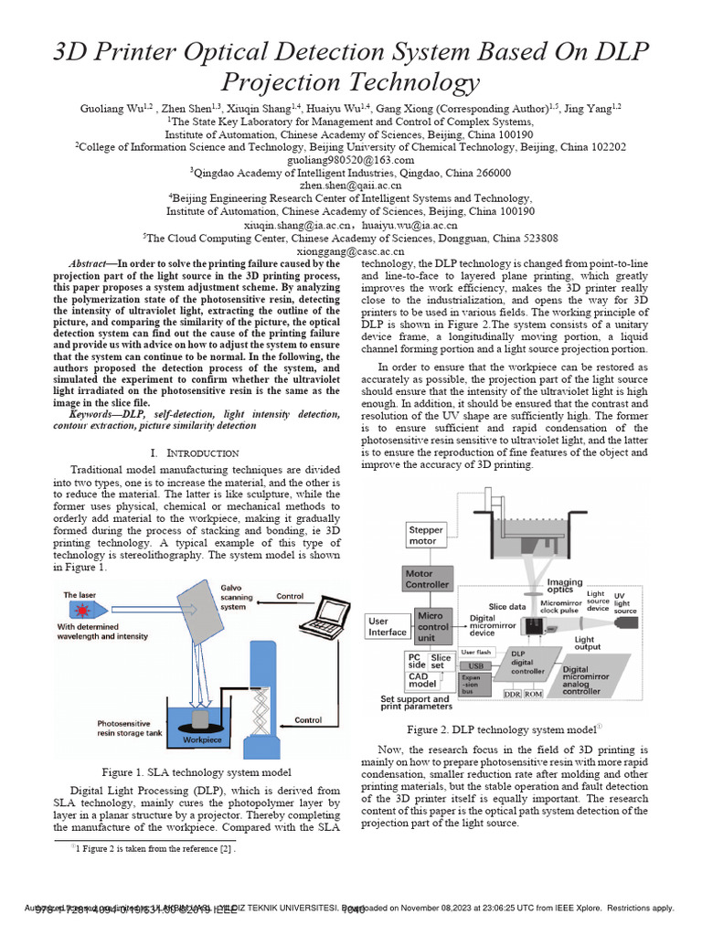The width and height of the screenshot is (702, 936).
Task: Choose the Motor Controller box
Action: pos(427,579)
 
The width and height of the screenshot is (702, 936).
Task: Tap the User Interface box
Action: pos(388,627)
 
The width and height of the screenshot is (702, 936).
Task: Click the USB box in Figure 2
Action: pos(475,666)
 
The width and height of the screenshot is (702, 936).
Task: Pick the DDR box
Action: pos(513,694)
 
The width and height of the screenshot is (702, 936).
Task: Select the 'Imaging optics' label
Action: pos(565,586)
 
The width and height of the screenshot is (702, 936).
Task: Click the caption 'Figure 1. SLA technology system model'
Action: pos(197,771)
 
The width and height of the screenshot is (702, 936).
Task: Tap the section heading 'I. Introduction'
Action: pos(194,452)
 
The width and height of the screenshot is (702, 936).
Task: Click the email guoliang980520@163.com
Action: pos(351,159)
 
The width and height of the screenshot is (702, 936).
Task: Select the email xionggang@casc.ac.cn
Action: pos(351,251)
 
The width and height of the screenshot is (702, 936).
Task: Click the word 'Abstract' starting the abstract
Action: pos(92,262)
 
